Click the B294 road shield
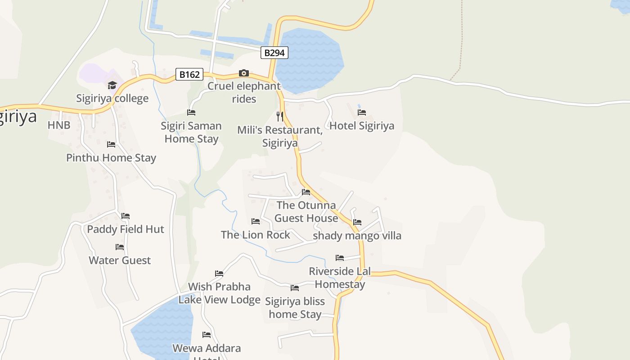pyautogui.click(x=274, y=53)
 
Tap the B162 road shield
pyautogui.click(x=189, y=74)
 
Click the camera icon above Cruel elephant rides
pyautogui.click(x=243, y=73)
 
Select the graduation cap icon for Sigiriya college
pyautogui.click(x=112, y=85)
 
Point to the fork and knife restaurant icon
pyautogui.click(x=280, y=117)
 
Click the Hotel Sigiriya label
pyautogui.click(x=362, y=126)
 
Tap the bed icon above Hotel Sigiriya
pyautogui.click(x=362, y=112)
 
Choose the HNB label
pyautogui.click(x=59, y=125)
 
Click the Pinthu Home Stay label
pyautogui.click(x=111, y=158)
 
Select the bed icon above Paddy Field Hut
pyautogui.click(x=126, y=216)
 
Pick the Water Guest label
pyautogui.click(x=120, y=260)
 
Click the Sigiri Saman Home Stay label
pyautogui.click(x=191, y=132)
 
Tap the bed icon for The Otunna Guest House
pyautogui.click(x=306, y=192)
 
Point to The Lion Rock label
pyautogui.click(x=256, y=234)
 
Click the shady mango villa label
pyautogui.click(x=357, y=236)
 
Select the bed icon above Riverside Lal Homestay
pyautogui.click(x=340, y=258)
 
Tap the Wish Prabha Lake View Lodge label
pyautogui.click(x=219, y=293)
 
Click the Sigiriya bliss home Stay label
pyautogui.click(x=295, y=308)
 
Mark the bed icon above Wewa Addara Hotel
pyautogui.click(x=207, y=335)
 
